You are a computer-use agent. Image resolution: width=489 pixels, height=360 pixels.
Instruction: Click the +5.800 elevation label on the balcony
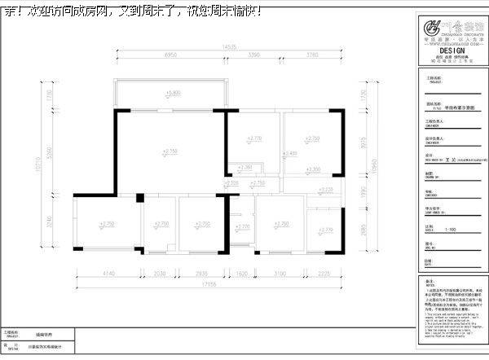[x=172, y=93]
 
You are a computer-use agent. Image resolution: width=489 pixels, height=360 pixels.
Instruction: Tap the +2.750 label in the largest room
[x=170, y=151]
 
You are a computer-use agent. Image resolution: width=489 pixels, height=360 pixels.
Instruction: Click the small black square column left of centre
[x=140, y=196]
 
